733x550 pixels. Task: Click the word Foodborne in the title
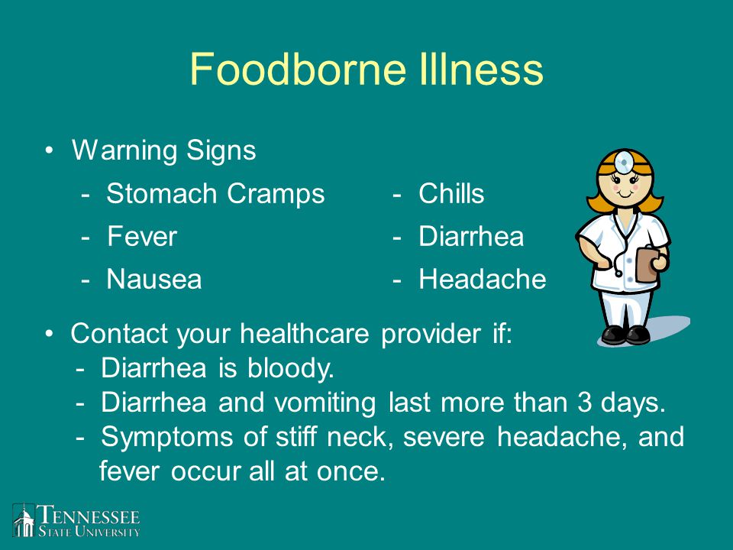click(x=298, y=69)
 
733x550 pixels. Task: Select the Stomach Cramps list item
click(x=215, y=193)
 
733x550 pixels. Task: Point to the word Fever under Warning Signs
click(x=142, y=236)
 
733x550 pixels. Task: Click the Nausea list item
click(x=154, y=280)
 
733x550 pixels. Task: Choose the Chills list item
click(x=451, y=193)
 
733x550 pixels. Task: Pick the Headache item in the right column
click(x=482, y=280)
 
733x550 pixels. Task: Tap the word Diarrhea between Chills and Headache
click(x=471, y=236)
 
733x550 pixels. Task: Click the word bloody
click(x=291, y=368)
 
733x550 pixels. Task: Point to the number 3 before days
click(x=584, y=403)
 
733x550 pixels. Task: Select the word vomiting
click(x=325, y=403)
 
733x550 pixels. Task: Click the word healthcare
click(x=305, y=334)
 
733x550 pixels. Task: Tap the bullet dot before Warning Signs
click(x=49, y=151)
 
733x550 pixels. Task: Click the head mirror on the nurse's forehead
click(x=624, y=162)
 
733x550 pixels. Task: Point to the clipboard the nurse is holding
click(x=647, y=264)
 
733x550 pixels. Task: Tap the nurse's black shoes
click(x=625, y=335)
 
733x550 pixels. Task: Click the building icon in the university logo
click(x=24, y=520)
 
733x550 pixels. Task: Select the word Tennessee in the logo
click(x=89, y=515)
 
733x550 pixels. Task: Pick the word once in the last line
click(x=350, y=471)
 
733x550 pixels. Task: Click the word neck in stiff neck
click(x=357, y=437)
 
